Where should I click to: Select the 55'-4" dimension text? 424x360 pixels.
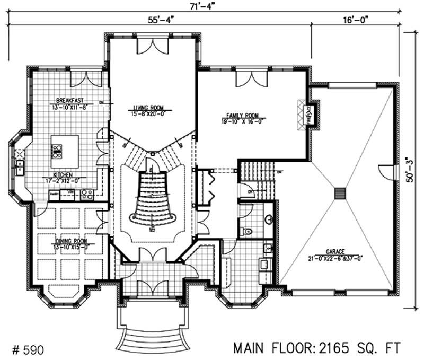pyautogui.click(x=160, y=20)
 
